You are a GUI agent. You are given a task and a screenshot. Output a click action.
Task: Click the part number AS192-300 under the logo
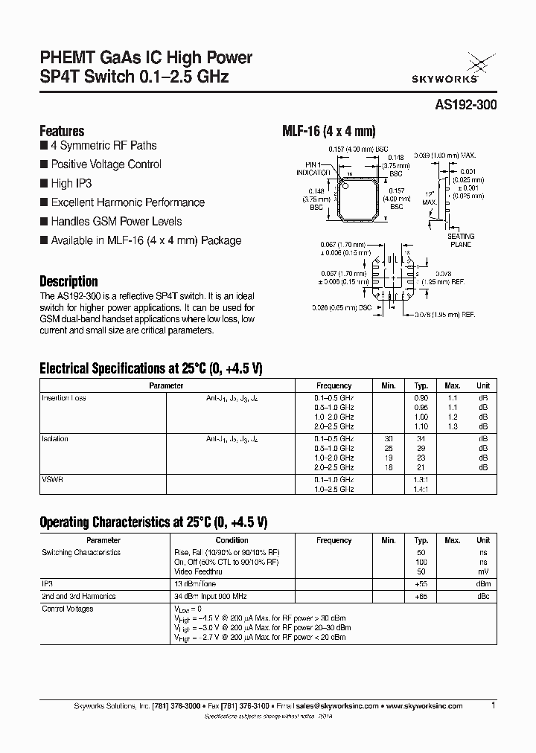pos(465,106)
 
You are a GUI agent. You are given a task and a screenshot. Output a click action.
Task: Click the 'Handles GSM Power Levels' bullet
pos(115,221)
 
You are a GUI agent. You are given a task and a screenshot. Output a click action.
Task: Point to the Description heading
pos(68,281)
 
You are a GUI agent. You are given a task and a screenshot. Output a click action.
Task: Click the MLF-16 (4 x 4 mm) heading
pos(323,130)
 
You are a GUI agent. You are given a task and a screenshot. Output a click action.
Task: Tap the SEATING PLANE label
pos(460,240)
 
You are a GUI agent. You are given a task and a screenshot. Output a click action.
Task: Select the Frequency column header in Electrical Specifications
pos(334,385)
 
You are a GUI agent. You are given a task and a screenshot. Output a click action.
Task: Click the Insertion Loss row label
pos(63,398)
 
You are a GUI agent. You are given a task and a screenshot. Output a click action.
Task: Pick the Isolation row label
pos(54,439)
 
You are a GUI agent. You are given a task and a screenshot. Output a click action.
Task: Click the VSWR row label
pos(52,480)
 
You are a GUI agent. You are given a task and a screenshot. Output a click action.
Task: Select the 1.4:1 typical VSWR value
pos(421,489)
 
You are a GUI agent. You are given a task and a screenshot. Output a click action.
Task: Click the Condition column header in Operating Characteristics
pos(232,540)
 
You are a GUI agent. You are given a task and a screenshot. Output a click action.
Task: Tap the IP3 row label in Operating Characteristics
pos(47,585)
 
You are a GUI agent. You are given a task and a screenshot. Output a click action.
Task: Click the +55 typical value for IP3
pos(421,585)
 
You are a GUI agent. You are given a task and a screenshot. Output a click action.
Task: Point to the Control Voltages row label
pos(67,609)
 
